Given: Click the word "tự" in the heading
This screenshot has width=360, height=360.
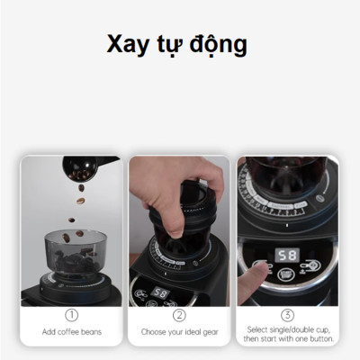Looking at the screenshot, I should (171, 46).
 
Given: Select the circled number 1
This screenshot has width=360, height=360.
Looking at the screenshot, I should (72, 316).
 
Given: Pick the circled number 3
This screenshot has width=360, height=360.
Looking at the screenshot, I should (287, 315).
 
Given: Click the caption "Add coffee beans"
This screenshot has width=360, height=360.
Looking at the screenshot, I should (72, 332).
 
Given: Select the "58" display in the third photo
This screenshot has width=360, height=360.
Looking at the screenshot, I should (287, 256).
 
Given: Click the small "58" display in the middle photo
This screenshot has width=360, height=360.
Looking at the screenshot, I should (160, 293).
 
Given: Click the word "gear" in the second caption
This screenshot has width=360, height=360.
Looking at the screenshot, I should (208, 332).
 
